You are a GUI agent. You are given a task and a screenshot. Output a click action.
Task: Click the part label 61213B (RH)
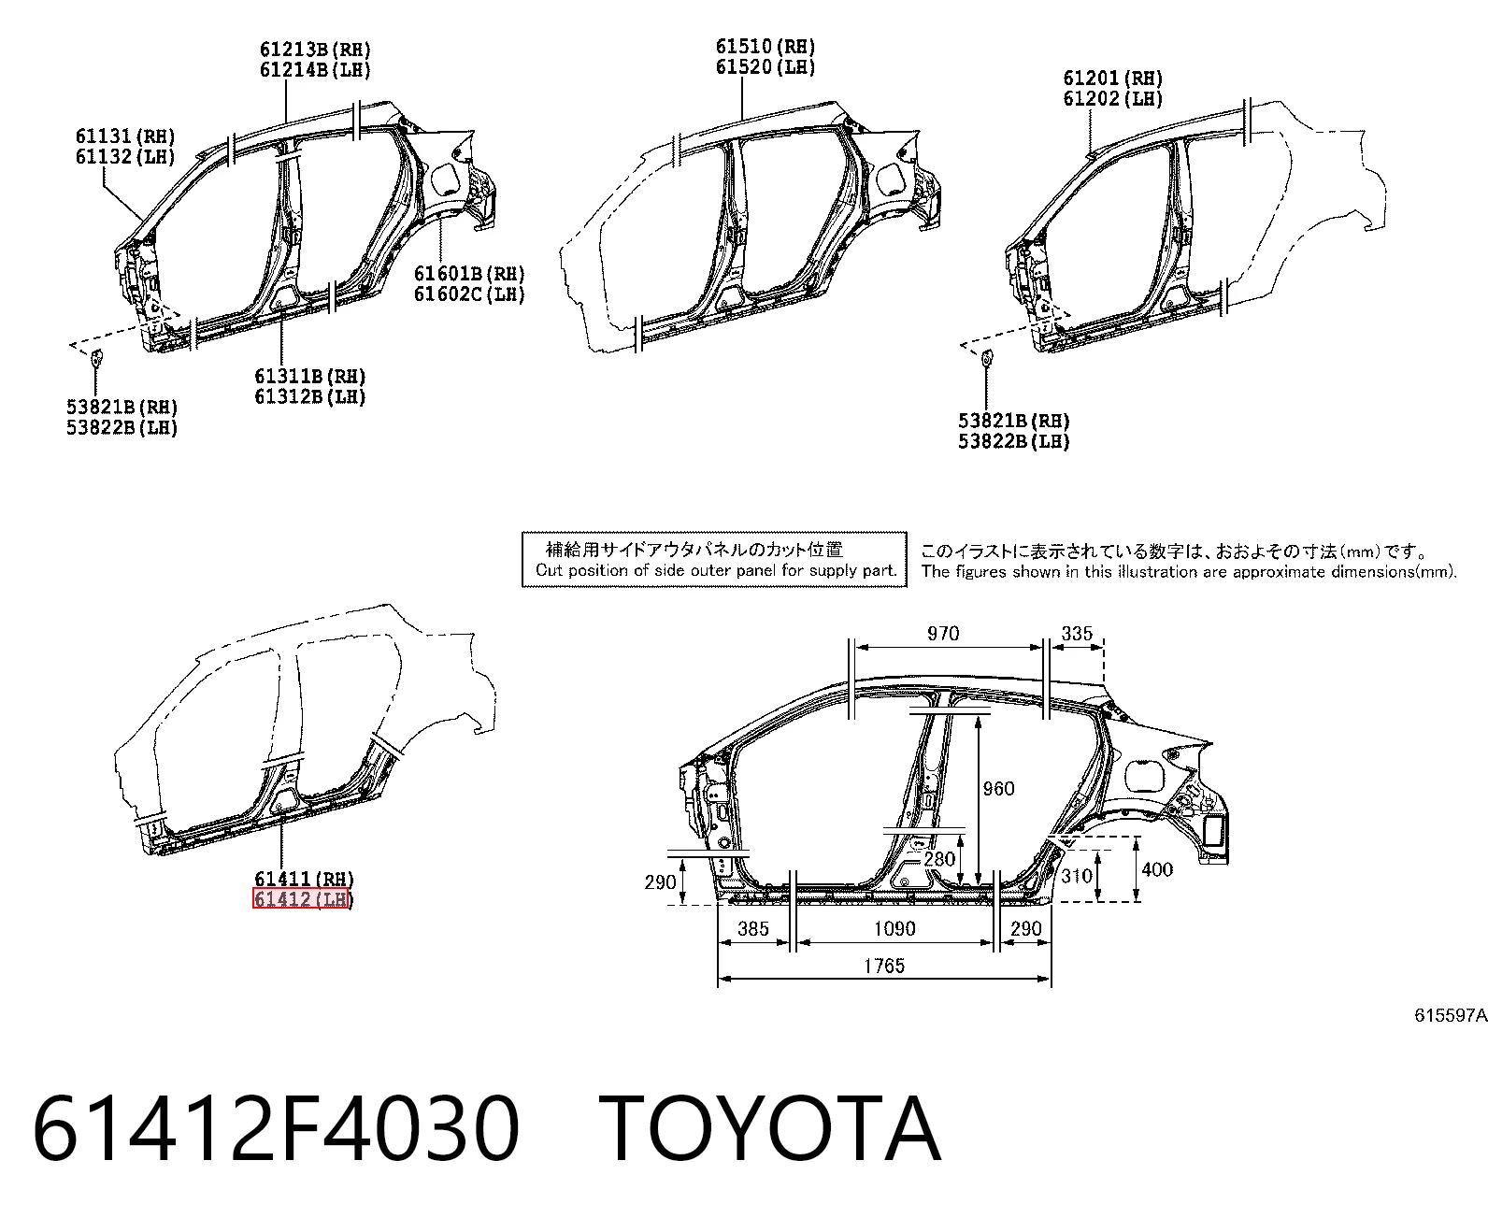click(x=315, y=50)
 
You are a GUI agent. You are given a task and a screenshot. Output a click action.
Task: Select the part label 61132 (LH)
click(x=125, y=156)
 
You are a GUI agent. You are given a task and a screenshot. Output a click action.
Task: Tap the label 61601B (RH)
click(x=469, y=273)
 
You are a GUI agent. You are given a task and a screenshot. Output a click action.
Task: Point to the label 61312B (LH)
click(x=310, y=396)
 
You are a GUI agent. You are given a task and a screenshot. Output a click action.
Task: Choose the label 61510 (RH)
click(x=765, y=47)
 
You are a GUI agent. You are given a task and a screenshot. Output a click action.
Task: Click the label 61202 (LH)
click(x=1112, y=98)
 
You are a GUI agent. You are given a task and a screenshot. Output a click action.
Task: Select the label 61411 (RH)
click(x=305, y=879)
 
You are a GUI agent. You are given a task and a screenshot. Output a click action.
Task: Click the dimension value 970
click(x=943, y=633)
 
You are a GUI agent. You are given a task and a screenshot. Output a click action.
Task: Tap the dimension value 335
click(x=1077, y=633)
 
